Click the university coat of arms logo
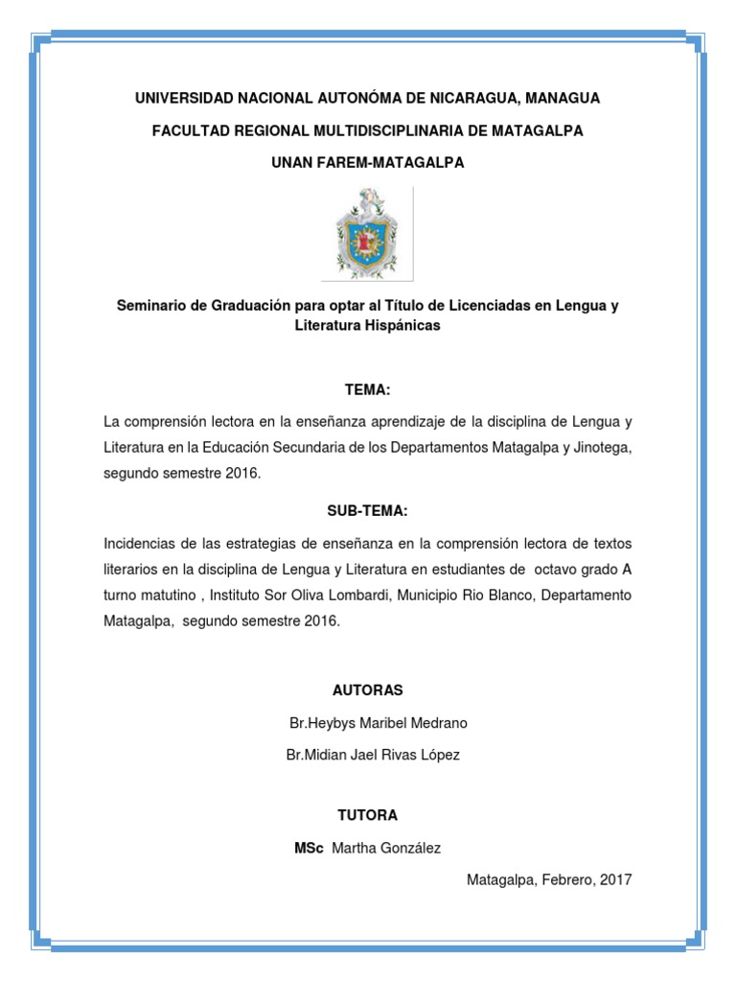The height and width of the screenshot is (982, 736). pyautogui.click(x=367, y=233)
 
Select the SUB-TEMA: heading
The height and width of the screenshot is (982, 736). pyautogui.click(x=367, y=510)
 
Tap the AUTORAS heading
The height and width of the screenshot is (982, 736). pyautogui.click(x=367, y=690)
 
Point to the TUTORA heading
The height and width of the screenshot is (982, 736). pyautogui.click(x=367, y=815)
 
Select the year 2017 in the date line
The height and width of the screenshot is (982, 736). pyautogui.click(x=614, y=878)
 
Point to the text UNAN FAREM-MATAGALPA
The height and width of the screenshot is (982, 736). pyautogui.click(x=367, y=163)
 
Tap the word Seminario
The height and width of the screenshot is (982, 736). pyautogui.click(x=150, y=306)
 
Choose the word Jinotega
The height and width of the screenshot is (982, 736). pyautogui.click(x=601, y=447)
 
